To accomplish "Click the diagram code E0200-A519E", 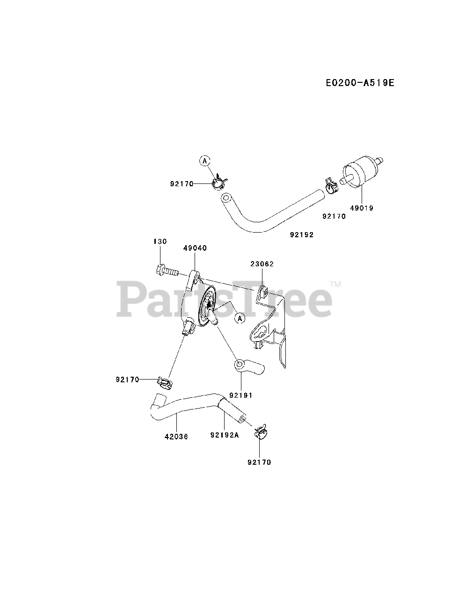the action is [360, 83].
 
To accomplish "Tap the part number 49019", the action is [362, 208].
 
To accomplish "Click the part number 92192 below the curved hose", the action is [302, 235].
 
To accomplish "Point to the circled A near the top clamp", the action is [204, 161].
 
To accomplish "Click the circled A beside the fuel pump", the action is [240, 318].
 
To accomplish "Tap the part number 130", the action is [160, 241].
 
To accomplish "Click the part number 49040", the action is [195, 248].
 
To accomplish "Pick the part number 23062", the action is [262, 264].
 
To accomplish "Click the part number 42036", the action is [176, 437].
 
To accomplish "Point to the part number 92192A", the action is [225, 435].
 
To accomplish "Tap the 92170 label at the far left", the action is [128, 380].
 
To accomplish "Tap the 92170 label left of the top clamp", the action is [182, 184].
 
